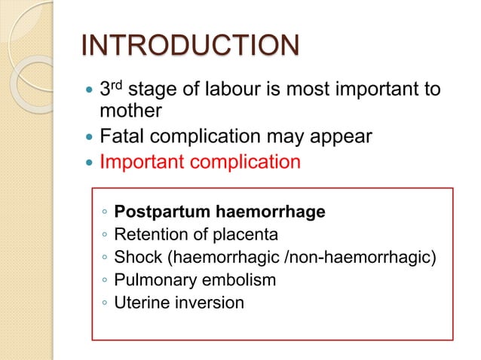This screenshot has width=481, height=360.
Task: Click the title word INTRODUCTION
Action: click(x=188, y=47)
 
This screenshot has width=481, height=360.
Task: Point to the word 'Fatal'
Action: click(x=122, y=138)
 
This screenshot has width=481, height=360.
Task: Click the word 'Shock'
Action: click(x=135, y=258)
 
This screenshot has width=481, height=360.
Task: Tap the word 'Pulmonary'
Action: click(x=151, y=280)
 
